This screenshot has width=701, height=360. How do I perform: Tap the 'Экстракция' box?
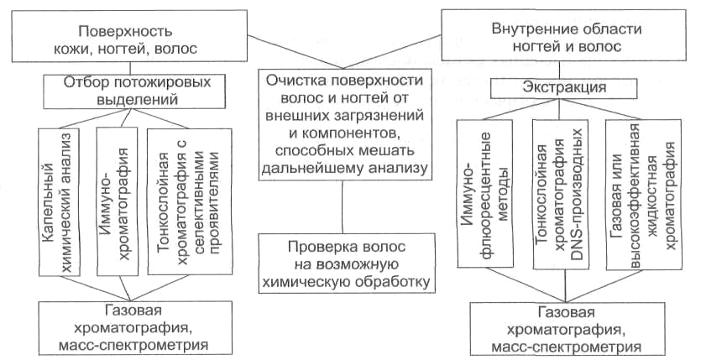tap(564, 87)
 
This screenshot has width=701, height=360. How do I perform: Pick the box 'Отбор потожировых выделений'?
tap(133, 91)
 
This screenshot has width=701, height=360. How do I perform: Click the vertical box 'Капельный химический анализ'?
tap(59, 201)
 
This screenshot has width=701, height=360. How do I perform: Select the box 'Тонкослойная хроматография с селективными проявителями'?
tap(190, 201)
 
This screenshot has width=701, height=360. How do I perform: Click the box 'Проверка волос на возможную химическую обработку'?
tap(347, 263)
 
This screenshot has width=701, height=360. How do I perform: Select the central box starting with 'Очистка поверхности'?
tap(346, 124)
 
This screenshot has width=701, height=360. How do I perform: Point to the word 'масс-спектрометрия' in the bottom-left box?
tap(135, 344)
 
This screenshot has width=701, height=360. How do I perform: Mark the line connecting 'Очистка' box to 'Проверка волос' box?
tap(343, 206)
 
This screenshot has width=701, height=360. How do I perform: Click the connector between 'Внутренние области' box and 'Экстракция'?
tap(559, 70)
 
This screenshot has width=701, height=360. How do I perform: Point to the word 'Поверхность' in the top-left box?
tap(126, 31)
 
